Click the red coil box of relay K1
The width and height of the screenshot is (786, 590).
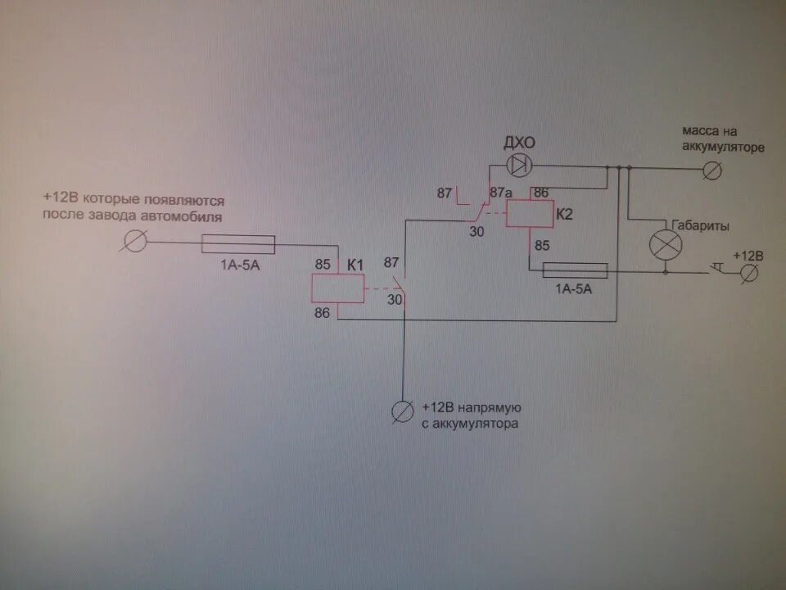(x=337, y=288)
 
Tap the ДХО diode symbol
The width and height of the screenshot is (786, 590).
(x=518, y=166)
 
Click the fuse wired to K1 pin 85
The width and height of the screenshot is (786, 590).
(x=237, y=243)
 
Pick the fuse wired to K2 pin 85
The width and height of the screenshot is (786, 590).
(x=575, y=270)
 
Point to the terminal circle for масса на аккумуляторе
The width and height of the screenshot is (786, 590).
(x=713, y=170)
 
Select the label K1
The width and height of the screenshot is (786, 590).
(x=355, y=265)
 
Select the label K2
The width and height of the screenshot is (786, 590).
(x=565, y=214)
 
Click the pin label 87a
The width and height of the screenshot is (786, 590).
(x=500, y=193)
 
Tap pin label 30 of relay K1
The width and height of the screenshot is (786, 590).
(x=395, y=300)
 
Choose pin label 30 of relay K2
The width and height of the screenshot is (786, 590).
(x=477, y=232)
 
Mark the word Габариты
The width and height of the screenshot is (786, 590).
(x=699, y=226)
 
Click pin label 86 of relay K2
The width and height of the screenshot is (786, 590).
(x=540, y=193)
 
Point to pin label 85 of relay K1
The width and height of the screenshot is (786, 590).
(x=322, y=265)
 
